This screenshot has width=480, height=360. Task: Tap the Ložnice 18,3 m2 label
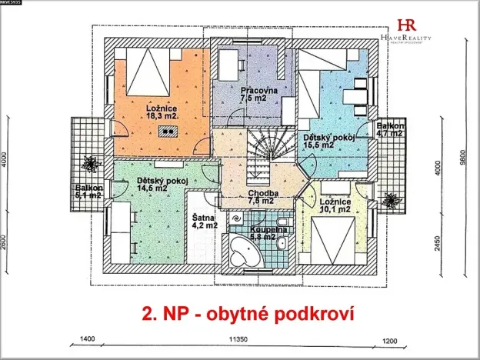tap(162, 113)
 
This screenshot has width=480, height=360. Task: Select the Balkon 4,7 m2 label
tap(389, 129)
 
